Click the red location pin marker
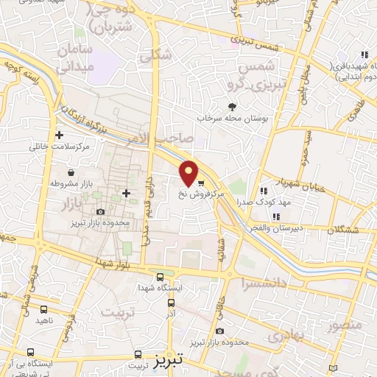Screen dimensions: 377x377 (x=189, y=172)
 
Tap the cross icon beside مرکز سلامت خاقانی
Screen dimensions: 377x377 (x=59, y=135)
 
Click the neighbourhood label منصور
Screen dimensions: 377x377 (x=344, y=325)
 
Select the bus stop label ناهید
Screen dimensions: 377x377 (x=44, y=321)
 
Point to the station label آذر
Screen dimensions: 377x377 (x=172, y=314)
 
